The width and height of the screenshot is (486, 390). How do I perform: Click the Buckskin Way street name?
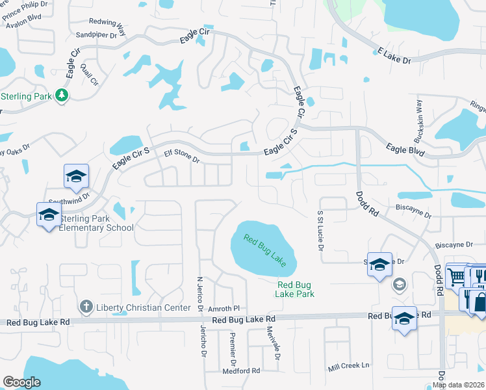click(419, 122)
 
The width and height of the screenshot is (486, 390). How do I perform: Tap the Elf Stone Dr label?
click(181, 155)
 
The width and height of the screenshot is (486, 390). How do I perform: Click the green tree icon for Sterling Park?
click(62, 96)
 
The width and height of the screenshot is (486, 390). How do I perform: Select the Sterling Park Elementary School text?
click(96, 223)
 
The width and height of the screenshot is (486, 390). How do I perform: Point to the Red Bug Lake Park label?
click(296, 289)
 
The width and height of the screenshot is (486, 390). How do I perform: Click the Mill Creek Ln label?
click(348, 366)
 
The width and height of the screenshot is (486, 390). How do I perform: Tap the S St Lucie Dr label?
click(320, 229)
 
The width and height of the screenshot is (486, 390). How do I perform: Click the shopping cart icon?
click(457, 276)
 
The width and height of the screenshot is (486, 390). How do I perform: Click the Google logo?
click(21, 382)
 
